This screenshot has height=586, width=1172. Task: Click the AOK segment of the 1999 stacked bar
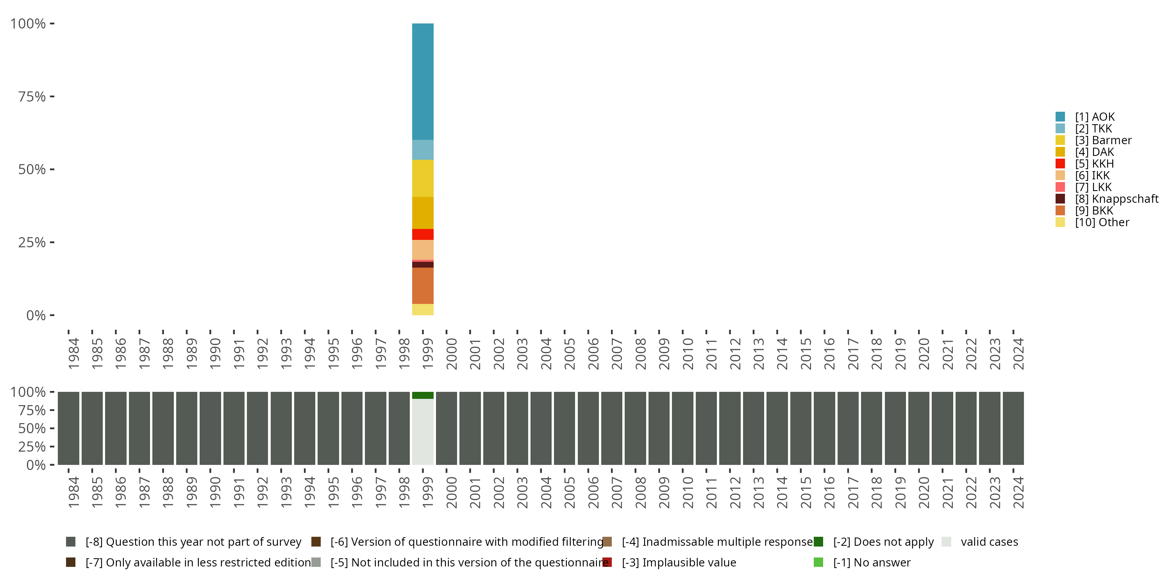pyautogui.click(x=423, y=82)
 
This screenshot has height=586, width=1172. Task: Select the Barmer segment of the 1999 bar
pyautogui.click(x=423, y=179)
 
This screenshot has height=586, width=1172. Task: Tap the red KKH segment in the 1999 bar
pyautogui.click(x=423, y=234)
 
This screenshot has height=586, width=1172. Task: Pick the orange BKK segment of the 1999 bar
pyautogui.click(x=423, y=286)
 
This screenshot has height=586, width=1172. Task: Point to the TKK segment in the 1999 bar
pyautogui.click(x=423, y=150)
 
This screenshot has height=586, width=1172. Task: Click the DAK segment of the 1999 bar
pyautogui.click(x=423, y=213)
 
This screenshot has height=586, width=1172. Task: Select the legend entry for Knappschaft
pyautogui.click(x=1117, y=199)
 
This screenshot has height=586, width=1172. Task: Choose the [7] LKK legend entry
pyautogui.click(x=1093, y=187)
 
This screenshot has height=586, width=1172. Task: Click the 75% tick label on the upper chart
pyautogui.click(x=32, y=96)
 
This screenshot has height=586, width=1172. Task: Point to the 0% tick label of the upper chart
pyautogui.click(x=36, y=315)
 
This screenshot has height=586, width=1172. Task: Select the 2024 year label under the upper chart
pyautogui.click(x=1018, y=354)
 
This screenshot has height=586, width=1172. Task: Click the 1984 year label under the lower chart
pyautogui.click(x=73, y=492)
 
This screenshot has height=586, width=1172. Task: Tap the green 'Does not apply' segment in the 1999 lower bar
pyautogui.click(x=423, y=395)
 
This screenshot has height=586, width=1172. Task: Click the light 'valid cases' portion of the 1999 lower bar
pyautogui.click(x=423, y=432)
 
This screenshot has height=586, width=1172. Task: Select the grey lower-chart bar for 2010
pyautogui.click(x=682, y=428)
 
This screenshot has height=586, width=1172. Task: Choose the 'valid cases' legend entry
pyautogui.click(x=989, y=542)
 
